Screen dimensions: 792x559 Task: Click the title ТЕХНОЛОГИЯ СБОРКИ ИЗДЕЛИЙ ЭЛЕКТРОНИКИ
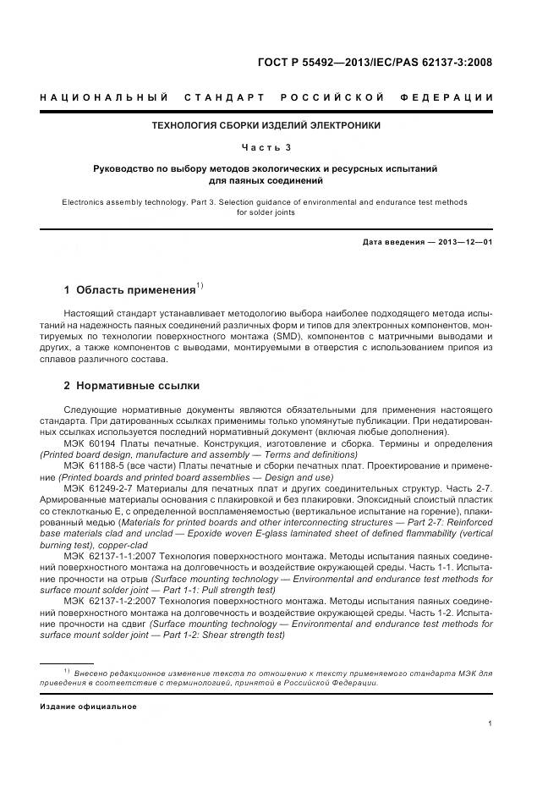[x=266, y=125]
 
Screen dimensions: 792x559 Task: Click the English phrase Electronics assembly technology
[x=119, y=202]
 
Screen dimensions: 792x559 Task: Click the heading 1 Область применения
[x=129, y=290]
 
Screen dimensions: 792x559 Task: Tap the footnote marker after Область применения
[x=200, y=285]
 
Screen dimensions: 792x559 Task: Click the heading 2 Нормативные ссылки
[x=131, y=386]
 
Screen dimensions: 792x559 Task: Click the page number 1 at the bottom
[x=490, y=723]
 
